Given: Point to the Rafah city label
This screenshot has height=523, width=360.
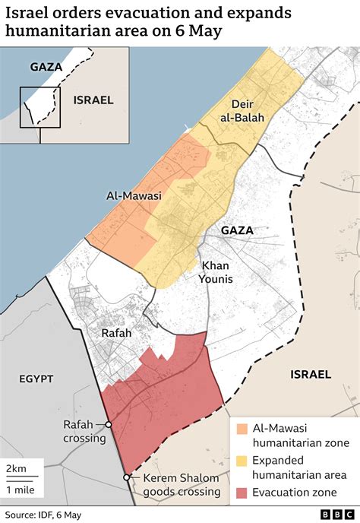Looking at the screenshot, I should pos(116,333).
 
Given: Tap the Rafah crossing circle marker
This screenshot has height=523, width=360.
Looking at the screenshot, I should pos(109,425).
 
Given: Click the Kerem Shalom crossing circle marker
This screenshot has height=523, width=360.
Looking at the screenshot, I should pos(126,477).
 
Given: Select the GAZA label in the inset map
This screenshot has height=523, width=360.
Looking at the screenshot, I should pos(46,67).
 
